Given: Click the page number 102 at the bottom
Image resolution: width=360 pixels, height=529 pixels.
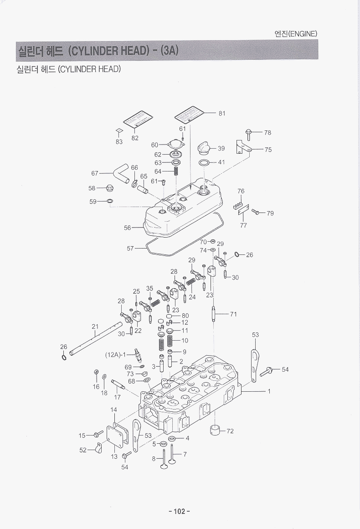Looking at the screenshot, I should pyautogui.click(x=179, y=511).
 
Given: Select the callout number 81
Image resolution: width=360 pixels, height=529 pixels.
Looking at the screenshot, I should pyautogui.click(x=222, y=113).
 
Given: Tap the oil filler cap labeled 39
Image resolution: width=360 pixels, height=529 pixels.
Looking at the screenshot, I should pyautogui.click(x=203, y=149).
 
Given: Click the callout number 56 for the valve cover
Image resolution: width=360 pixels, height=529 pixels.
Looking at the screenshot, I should pyautogui.click(x=128, y=228).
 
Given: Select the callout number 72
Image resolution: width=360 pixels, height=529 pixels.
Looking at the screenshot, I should pyautogui.click(x=230, y=431).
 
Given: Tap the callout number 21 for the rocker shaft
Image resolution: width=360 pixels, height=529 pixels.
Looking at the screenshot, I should pyautogui.click(x=95, y=326).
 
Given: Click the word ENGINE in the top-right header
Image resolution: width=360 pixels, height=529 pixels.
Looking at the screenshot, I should pyautogui.click(x=303, y=34).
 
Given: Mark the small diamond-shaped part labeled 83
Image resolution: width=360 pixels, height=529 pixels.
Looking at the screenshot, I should pyautogui.click(x=118, y=130).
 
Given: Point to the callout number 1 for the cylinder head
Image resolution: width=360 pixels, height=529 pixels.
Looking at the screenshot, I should pyautogui.click(x=269, y=391).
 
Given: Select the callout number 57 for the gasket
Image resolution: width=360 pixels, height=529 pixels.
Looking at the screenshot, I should pyautogui.click(x=130, y=249).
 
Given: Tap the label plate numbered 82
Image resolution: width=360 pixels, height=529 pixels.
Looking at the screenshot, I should pyautogui.click(x=135, y=119).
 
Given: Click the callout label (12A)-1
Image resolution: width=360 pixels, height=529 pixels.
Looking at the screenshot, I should pyautogui.click(x=116, y=354).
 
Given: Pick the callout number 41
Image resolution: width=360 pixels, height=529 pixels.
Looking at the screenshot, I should pyautogui.click(x=221, y=162).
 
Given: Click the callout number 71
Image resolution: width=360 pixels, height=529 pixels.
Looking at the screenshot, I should pyautogui.click(x=233, y=314).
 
